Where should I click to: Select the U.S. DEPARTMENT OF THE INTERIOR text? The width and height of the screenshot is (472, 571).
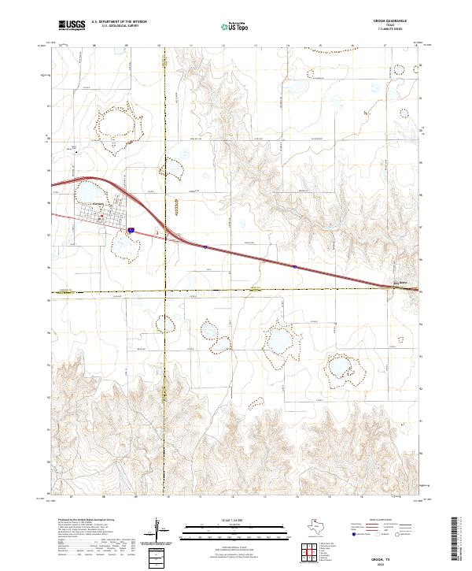119,23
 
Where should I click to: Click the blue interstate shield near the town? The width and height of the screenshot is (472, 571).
131,230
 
